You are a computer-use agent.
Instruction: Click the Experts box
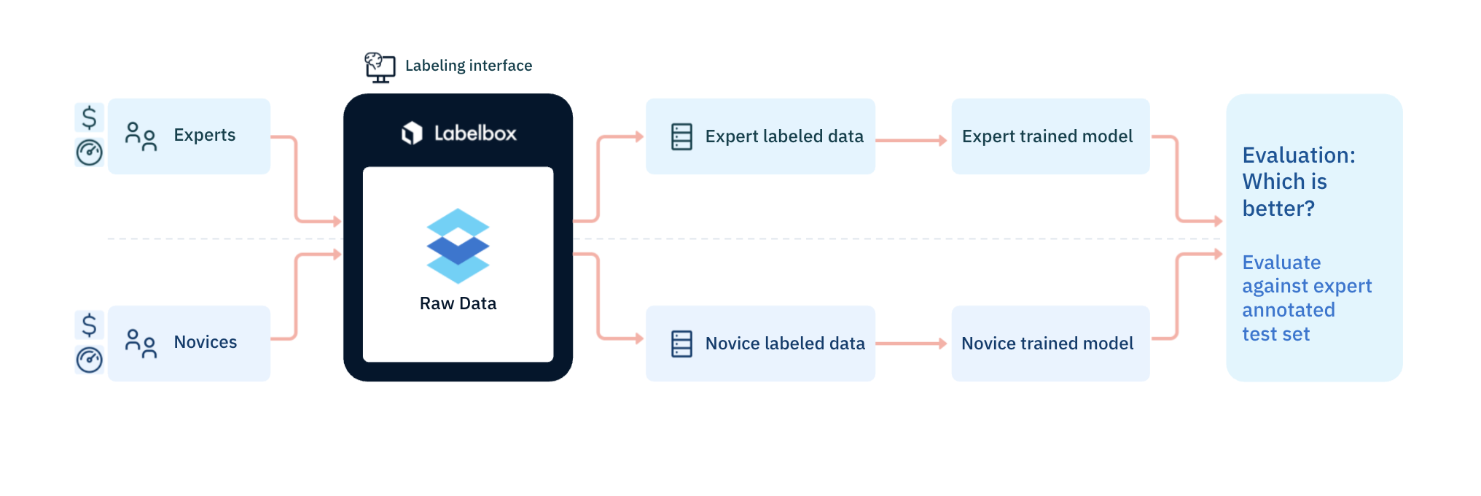tap(189, 136)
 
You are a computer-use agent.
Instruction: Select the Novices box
tap(189, 344)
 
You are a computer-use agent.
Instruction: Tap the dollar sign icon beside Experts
tap(89, 117)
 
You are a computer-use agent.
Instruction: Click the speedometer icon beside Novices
tap(90, 360)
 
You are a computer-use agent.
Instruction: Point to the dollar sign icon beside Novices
tap(89, 325)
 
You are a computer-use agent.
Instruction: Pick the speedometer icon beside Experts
tap(90, 152)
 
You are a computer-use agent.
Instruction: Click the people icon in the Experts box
tap(141, 136)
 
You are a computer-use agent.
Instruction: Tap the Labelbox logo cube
tap(412, 133)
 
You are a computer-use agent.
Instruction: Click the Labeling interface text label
tap(469, 66)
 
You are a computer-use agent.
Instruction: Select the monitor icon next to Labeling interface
tap(380, 67)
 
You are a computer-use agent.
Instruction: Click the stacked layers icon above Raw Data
tap(458, 246)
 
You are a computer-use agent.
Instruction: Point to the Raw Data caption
tap(458, 303)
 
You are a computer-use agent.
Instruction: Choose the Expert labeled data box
tap(760, 136)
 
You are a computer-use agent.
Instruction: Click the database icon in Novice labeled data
tap(681, 344)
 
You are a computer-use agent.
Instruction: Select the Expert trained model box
tap(1050, 136)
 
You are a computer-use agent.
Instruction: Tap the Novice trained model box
tap(1050, 344)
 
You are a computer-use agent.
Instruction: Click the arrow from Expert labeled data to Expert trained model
tap(912, 140)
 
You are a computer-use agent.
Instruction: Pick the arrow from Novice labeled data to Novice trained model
tap(912, 343)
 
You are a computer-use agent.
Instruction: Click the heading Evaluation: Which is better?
tap(1299, 182)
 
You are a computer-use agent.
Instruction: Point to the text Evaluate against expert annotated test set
tap(1307, 298)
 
